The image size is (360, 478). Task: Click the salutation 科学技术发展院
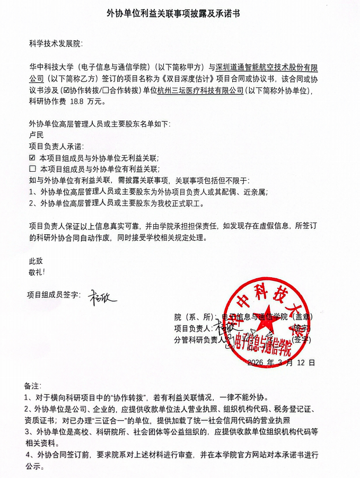(56, 43)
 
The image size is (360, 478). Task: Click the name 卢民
(37, 136)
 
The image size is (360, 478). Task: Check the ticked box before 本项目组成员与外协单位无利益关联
(32, 158)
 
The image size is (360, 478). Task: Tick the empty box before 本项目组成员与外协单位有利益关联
(32, 169)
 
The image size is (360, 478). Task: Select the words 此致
(36, 261)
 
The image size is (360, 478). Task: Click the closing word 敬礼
(36, 272)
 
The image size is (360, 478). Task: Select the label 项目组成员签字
(53, 295)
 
